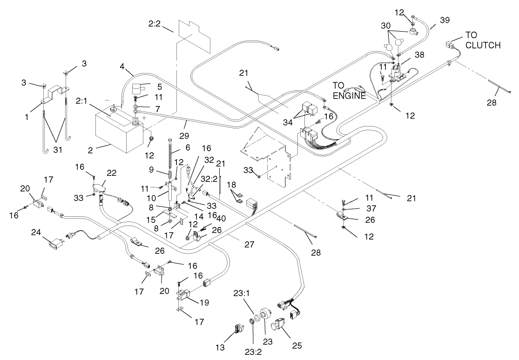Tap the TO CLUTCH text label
pos(483,41)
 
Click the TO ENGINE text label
pos(349,89)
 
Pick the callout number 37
pos(357,208)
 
